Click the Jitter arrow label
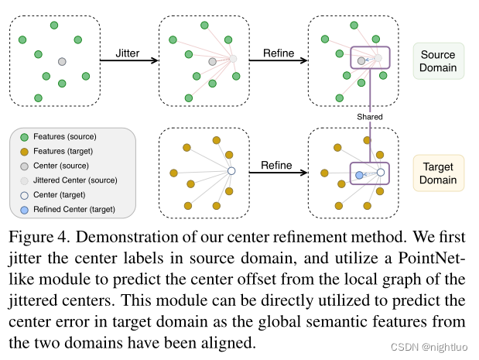point(128,53)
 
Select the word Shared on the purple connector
point(370,117)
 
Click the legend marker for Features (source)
point(24,137)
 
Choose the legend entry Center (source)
point(62,166)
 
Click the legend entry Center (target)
point(61,194)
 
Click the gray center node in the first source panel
point(62,61)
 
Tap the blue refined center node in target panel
point(360,177)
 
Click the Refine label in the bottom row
point(275,165)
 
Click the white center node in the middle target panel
point(231,172)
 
